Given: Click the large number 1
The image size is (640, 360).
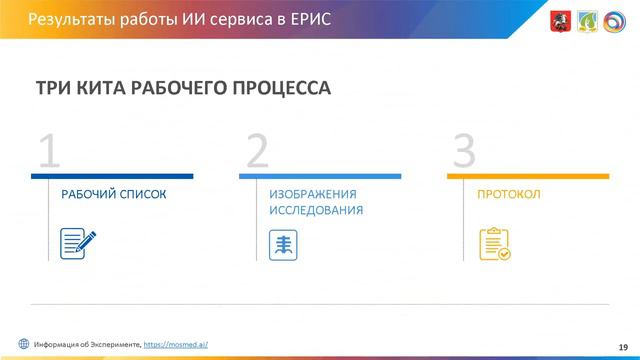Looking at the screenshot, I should pyautogui.click(x=49, y=150).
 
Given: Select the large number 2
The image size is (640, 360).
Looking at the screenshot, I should pyautogui.click(x=257, y=150).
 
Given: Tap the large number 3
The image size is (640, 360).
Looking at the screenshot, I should pyautogui.click(x=464, y=150).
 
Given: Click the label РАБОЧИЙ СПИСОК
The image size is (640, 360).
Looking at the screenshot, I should pyautogui.click(x=113, y=194).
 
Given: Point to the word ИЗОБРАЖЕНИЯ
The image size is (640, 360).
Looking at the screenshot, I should pyautogui.click(x=313, y=194).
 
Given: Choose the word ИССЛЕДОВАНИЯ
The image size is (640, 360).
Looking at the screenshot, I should pyautogui.click(x=315, y=212).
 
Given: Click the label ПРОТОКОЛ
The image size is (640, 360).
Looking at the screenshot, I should pyautogui.click(x=509, y=194).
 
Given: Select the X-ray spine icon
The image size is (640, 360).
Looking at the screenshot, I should pyautogui.click(x=284, y=244).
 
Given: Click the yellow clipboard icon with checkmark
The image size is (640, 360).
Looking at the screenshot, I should pyautogui.click(x=494, y=244).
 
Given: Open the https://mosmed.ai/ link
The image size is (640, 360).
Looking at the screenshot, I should pyautogui.click(x=176, y=343).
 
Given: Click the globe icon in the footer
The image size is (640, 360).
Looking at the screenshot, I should pyautogui.click(x=23, y=343).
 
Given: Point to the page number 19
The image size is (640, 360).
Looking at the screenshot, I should pyautogui.click(x=622, y=344).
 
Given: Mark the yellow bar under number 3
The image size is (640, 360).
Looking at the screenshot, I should pyautogui.click(x=528, y=176).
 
